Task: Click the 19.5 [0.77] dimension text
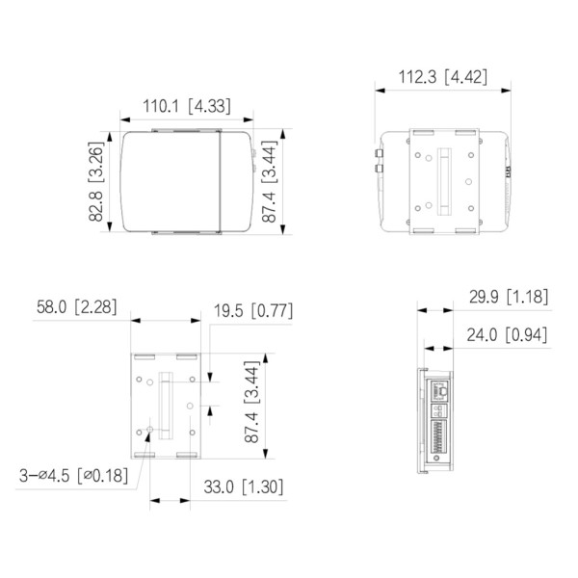click(x=251, y=311)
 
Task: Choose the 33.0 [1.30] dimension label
click(x=241, y=486)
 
